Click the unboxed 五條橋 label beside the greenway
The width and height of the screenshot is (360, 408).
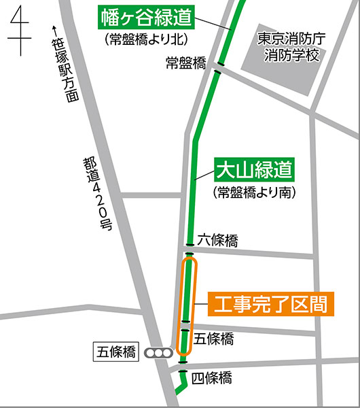(214, 338)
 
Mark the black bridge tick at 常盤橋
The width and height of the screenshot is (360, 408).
(218, 69)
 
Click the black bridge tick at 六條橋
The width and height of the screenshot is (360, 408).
(190, 244)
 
